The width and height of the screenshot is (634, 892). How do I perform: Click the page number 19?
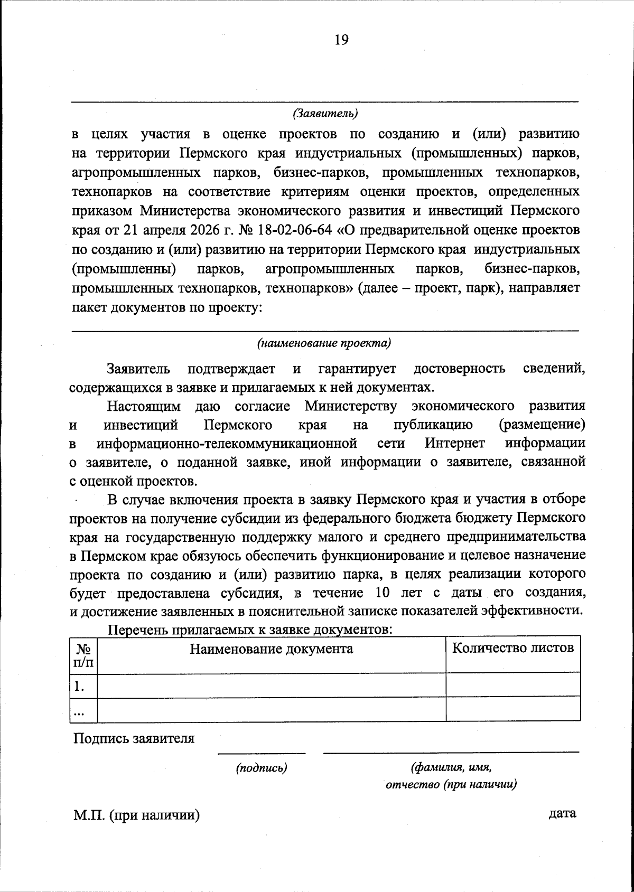click(x=341, y=40)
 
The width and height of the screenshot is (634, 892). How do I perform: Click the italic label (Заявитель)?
click(x=325, y=114)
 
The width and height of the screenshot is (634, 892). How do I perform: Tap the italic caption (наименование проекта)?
click(x=324, y=344)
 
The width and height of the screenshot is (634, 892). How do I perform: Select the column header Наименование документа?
click(x=272, y=649)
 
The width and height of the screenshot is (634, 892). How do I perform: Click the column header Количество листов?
click(x=513, y=648)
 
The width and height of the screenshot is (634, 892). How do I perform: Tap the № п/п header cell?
click(x=83, y=655)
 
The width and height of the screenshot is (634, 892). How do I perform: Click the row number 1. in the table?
click(x=79, y=686)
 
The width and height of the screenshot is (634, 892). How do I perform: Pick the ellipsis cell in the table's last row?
click(x=79, y=711)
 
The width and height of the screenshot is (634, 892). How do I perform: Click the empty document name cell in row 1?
click(x=272, y=686)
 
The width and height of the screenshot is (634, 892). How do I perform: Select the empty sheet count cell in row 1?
click(x=513, y=686)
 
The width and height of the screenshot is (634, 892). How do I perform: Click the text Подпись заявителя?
click(x=134, y=738)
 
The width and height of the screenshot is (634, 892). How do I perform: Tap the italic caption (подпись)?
click(x=262, y=768)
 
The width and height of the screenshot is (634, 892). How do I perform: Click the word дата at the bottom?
click(x=563, y=813)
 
